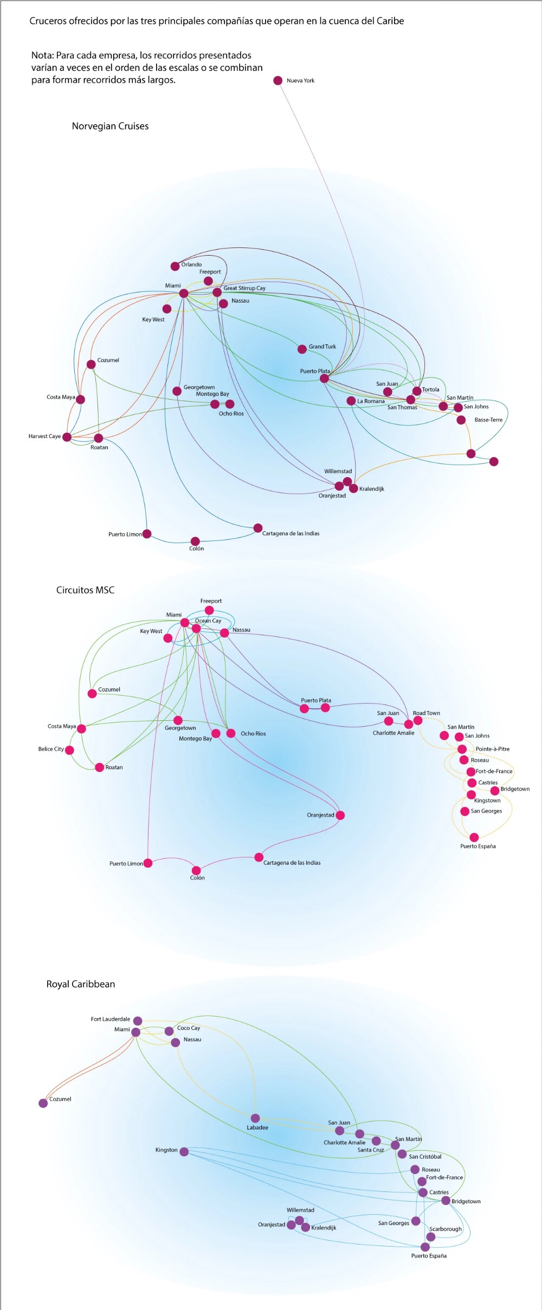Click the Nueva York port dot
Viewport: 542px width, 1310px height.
(278, 81)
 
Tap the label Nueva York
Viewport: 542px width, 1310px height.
(300, 81)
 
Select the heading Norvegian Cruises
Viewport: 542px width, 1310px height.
(110, 126)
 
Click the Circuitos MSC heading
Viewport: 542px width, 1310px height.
(85, 590)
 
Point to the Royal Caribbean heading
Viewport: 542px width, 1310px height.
(80, 984)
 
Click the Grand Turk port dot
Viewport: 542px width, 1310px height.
(302, 349)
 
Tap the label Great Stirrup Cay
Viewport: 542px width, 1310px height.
(244, 288)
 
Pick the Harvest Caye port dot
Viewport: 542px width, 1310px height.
(67, 437)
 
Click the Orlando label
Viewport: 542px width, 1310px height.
(191, 265)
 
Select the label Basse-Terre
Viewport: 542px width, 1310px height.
(488, 420)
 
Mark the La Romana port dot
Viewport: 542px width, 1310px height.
(351, 401)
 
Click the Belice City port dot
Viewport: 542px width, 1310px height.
(69, 750)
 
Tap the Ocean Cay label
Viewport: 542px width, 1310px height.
(208, 621)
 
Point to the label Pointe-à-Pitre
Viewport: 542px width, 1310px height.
(492, 749)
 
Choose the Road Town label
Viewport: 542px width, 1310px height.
(427, 713)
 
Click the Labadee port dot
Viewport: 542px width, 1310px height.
(255, 1118)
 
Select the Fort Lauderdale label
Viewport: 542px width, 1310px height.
(110, 1019)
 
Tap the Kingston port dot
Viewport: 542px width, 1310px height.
(184, 1151)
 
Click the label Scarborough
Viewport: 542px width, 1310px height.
(446, 1229)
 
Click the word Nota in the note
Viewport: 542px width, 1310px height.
(42, 55)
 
